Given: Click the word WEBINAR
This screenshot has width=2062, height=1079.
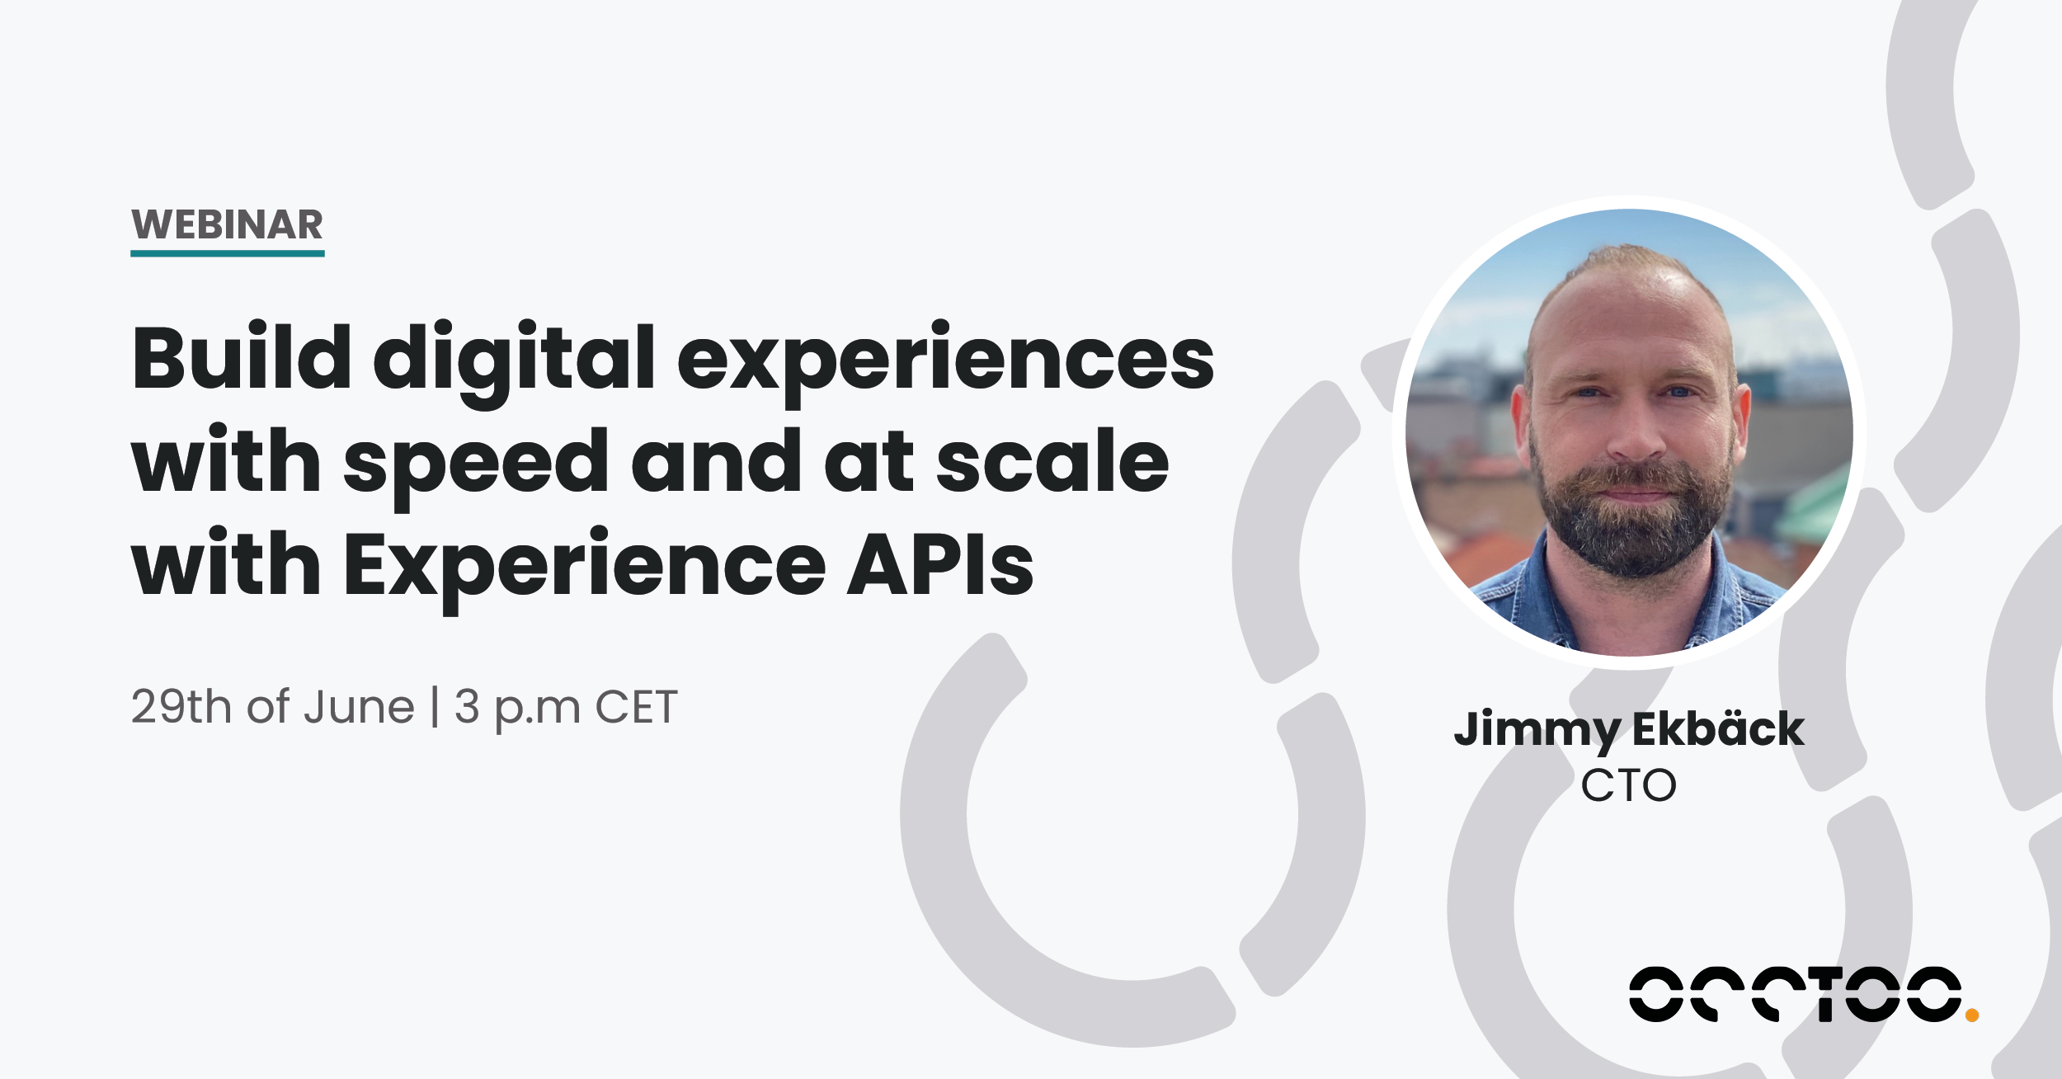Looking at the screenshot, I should tap(227, 225).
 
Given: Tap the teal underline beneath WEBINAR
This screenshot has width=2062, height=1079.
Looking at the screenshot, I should tap(227, 253).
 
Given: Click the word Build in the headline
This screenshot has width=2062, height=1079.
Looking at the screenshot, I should tap(242, 359).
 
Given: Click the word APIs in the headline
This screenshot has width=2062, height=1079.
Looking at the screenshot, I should tap(939, 565).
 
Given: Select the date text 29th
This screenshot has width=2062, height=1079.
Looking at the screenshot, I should tap(181, 707).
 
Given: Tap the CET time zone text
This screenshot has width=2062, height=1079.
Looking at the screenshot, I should tap(636, 707).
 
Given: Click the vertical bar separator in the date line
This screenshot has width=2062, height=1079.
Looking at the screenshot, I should tap(435, 708).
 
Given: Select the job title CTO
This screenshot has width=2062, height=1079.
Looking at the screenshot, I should tap(1628, 785).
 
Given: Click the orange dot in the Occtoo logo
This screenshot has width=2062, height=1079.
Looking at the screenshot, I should tap(1972, 1015).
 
